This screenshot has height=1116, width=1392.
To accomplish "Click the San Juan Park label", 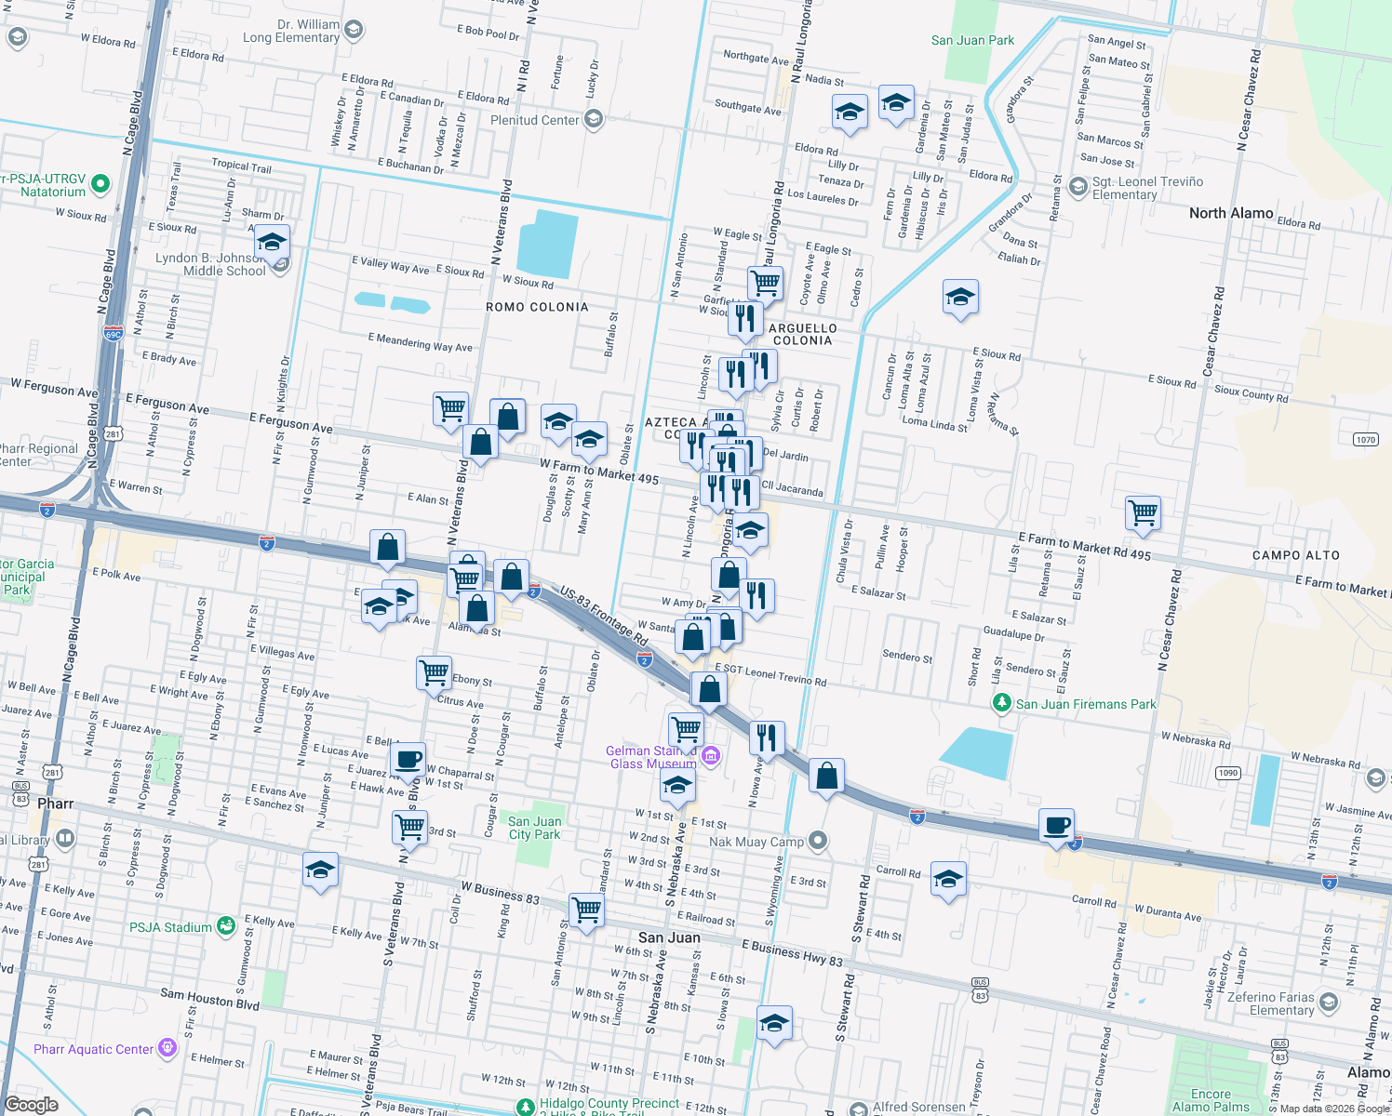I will point(972,40).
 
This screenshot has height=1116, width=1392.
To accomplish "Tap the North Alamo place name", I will point(1230,213).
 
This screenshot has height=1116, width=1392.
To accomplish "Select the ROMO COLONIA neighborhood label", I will point(537,307).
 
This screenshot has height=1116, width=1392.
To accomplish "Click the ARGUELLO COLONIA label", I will point(802,334).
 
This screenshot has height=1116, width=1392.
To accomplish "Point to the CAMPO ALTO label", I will point(1295,555).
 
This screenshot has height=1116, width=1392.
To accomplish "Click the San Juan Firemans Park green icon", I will point(1001,703).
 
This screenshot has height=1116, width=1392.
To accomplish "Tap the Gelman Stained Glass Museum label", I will point(651,757).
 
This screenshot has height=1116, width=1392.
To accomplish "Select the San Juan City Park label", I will point(534,828).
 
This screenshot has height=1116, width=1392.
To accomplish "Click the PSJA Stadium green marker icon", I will point(225,926).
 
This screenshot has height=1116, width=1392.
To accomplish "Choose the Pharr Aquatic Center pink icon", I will point(167,1048).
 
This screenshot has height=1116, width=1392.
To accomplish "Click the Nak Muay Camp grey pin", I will point(818,841).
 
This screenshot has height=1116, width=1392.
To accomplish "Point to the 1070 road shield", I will point(1365,440).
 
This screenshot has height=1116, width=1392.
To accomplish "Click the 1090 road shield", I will point(1227,773).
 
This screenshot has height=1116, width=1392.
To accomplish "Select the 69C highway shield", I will point(113,334).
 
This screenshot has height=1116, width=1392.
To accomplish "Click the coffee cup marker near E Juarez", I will point(408,759).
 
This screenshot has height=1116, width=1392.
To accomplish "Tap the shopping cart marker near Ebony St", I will point(434,671).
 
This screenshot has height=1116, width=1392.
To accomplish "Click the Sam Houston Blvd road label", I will point(209,999).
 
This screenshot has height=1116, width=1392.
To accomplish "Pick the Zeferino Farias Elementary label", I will point(1281,1003).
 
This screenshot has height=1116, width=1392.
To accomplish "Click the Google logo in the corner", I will point(32,1104).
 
